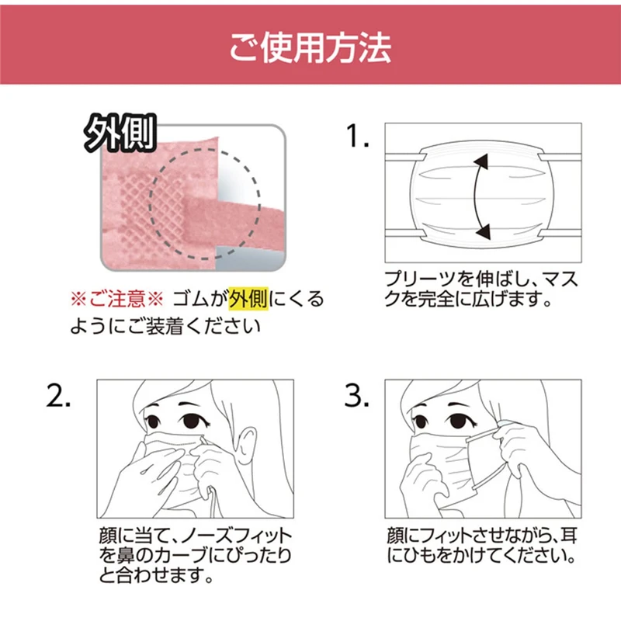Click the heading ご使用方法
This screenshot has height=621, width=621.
310,47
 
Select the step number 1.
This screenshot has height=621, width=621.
359,138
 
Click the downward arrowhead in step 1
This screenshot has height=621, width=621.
482,230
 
